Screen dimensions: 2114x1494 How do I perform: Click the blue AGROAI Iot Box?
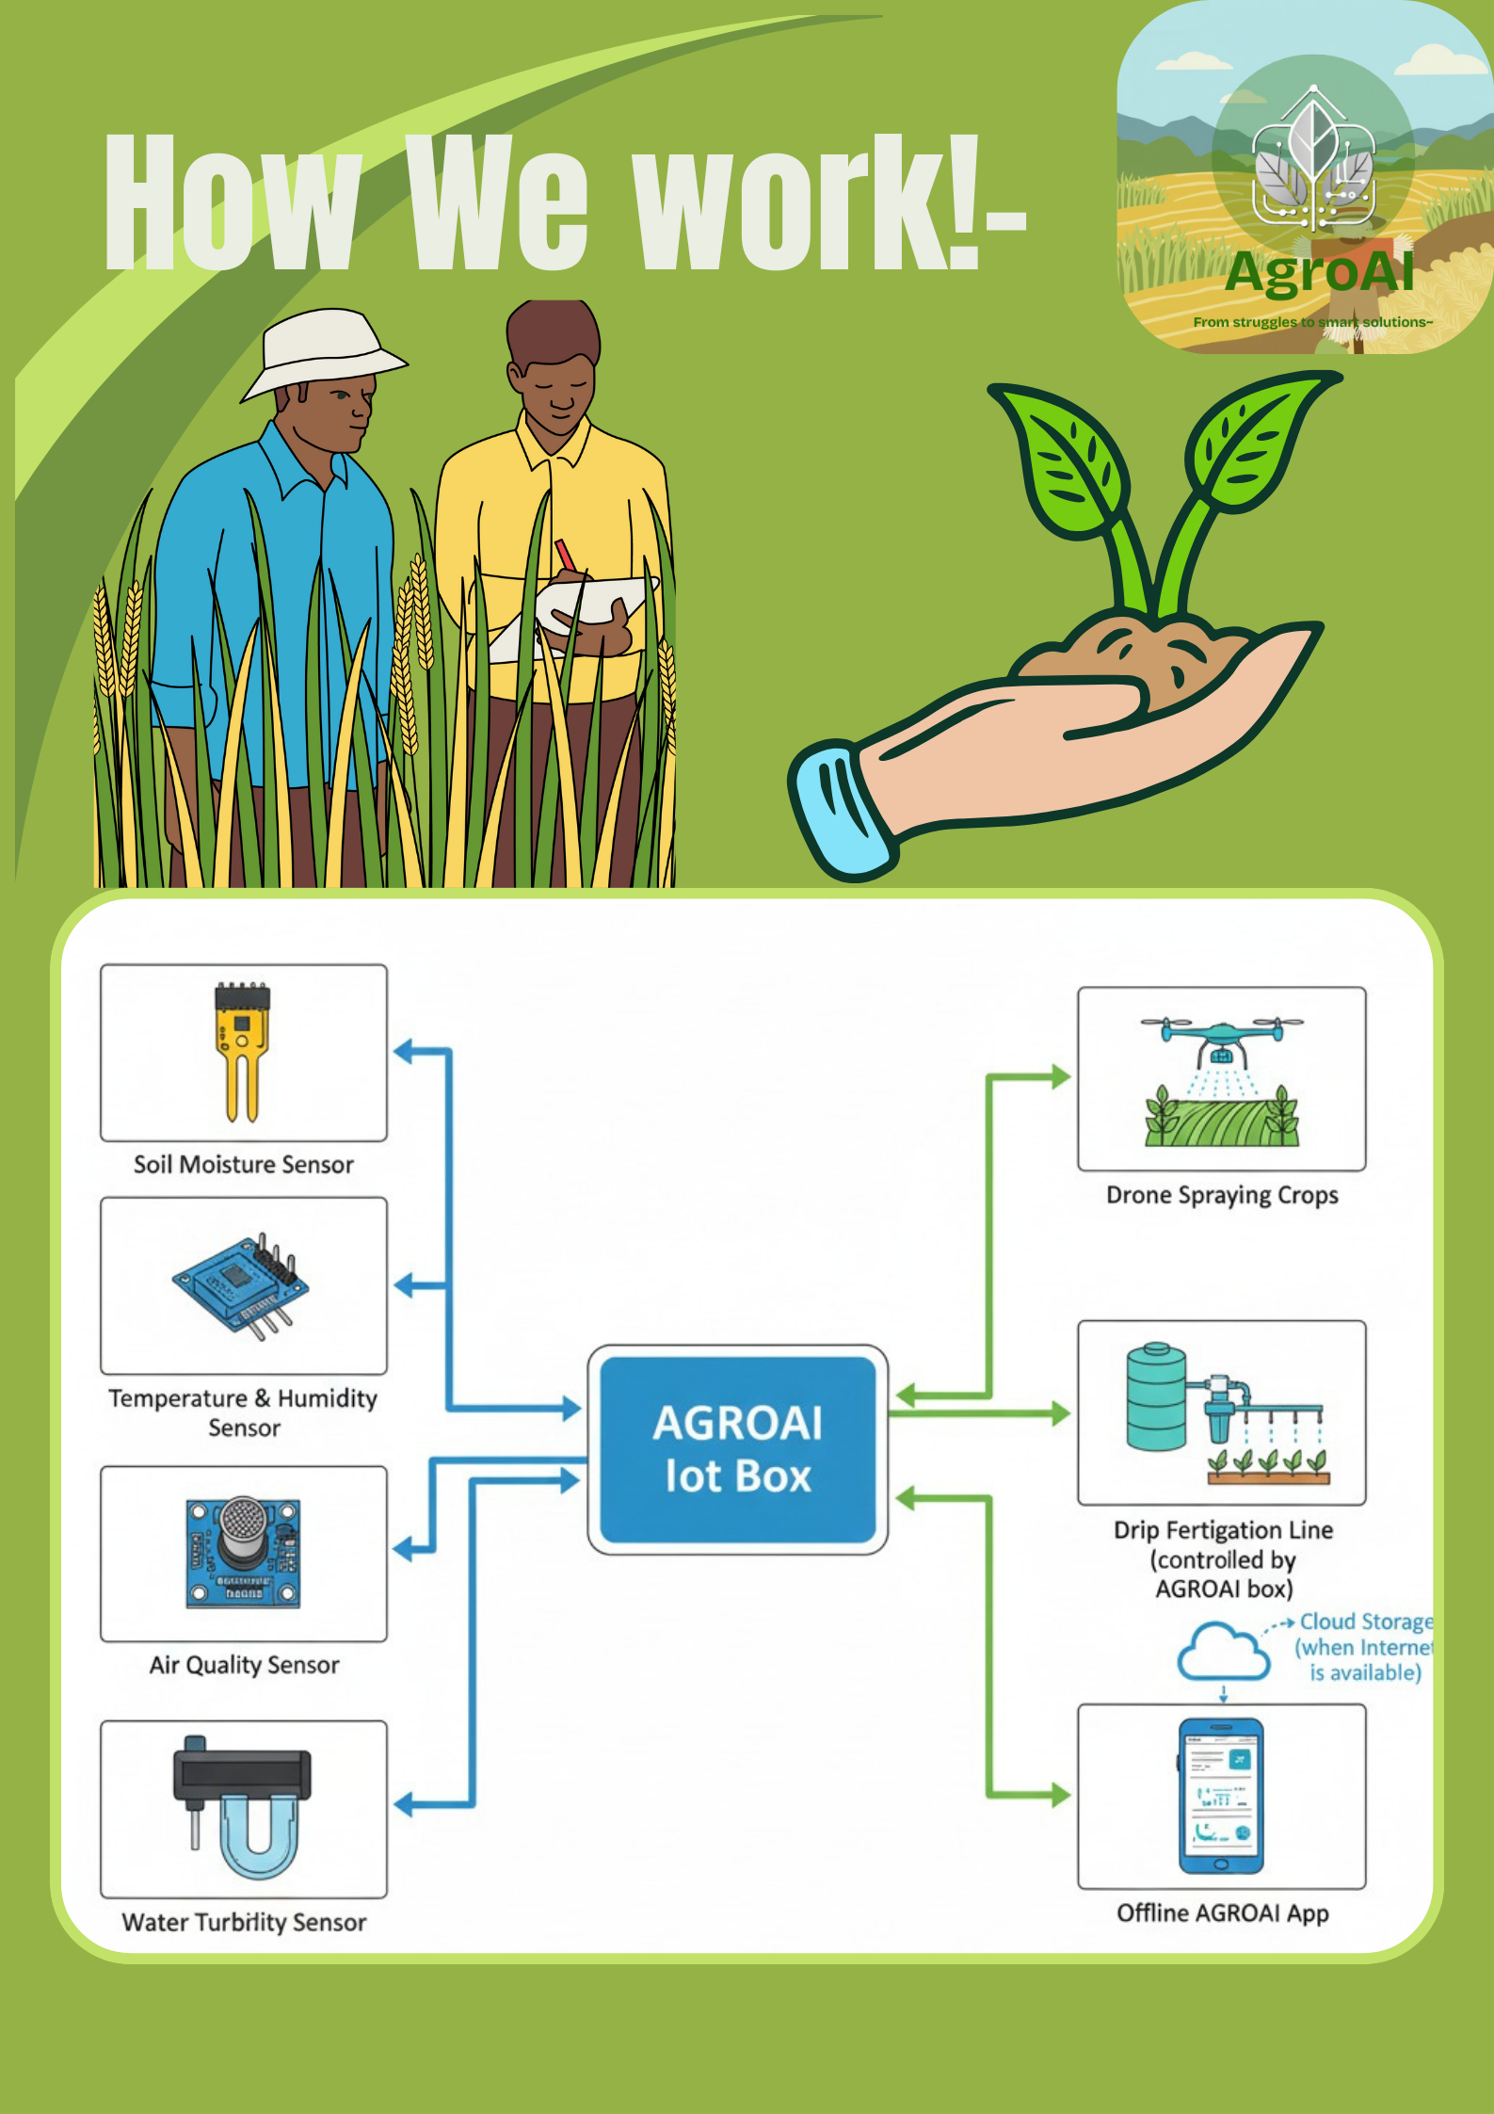[x=737, y=1449]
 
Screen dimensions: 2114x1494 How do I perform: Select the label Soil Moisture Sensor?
[x=244, y=1165]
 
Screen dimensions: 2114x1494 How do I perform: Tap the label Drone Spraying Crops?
[x=1222, y=1195]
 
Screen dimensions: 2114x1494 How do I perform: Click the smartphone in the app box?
[x=1221, y=1796]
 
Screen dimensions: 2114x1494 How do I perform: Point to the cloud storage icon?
[x=1223, y=1652]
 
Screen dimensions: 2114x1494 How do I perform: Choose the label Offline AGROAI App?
[x=1222, y=1912]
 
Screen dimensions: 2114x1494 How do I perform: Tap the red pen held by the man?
[x=565, y=556]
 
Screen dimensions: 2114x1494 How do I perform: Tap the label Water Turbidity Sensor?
[x=244, y=1922]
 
